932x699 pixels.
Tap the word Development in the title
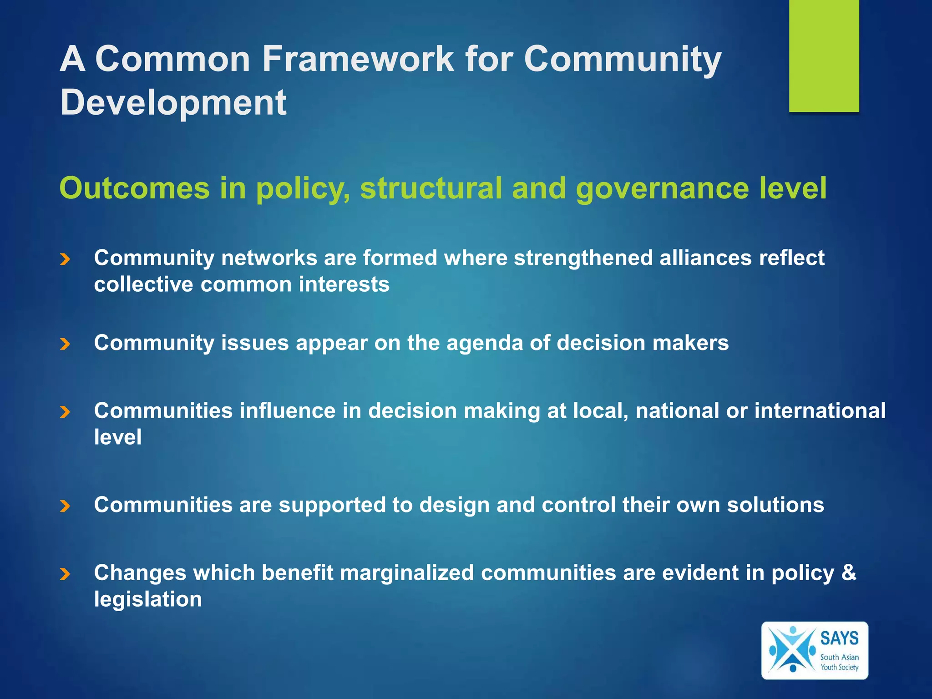tap(173, 102)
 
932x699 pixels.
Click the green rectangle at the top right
tap(824, 56)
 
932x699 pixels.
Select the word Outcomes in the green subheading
tap(135, 188)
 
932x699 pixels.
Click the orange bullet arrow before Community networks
tap(65, 259)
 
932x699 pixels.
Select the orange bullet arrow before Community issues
tap(65, 344)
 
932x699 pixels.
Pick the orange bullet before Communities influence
tap(65, 412)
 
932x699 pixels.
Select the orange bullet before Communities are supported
tap(65, 506)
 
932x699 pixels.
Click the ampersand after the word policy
tap(849, 572)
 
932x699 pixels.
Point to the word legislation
tap(148, 599)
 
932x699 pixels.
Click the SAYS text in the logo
tap(839, 638)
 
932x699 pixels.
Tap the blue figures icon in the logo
tap(792, 650)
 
